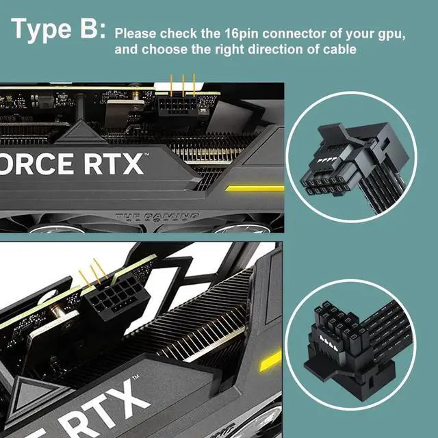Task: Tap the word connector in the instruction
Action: pos(294,34)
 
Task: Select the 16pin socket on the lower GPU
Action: pos(117,297)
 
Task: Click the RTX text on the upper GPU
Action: pos(114,164)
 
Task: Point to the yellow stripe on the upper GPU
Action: pos(255,188)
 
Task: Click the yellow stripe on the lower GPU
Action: pos(270,361)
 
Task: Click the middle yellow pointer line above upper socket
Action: pos(183,86)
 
